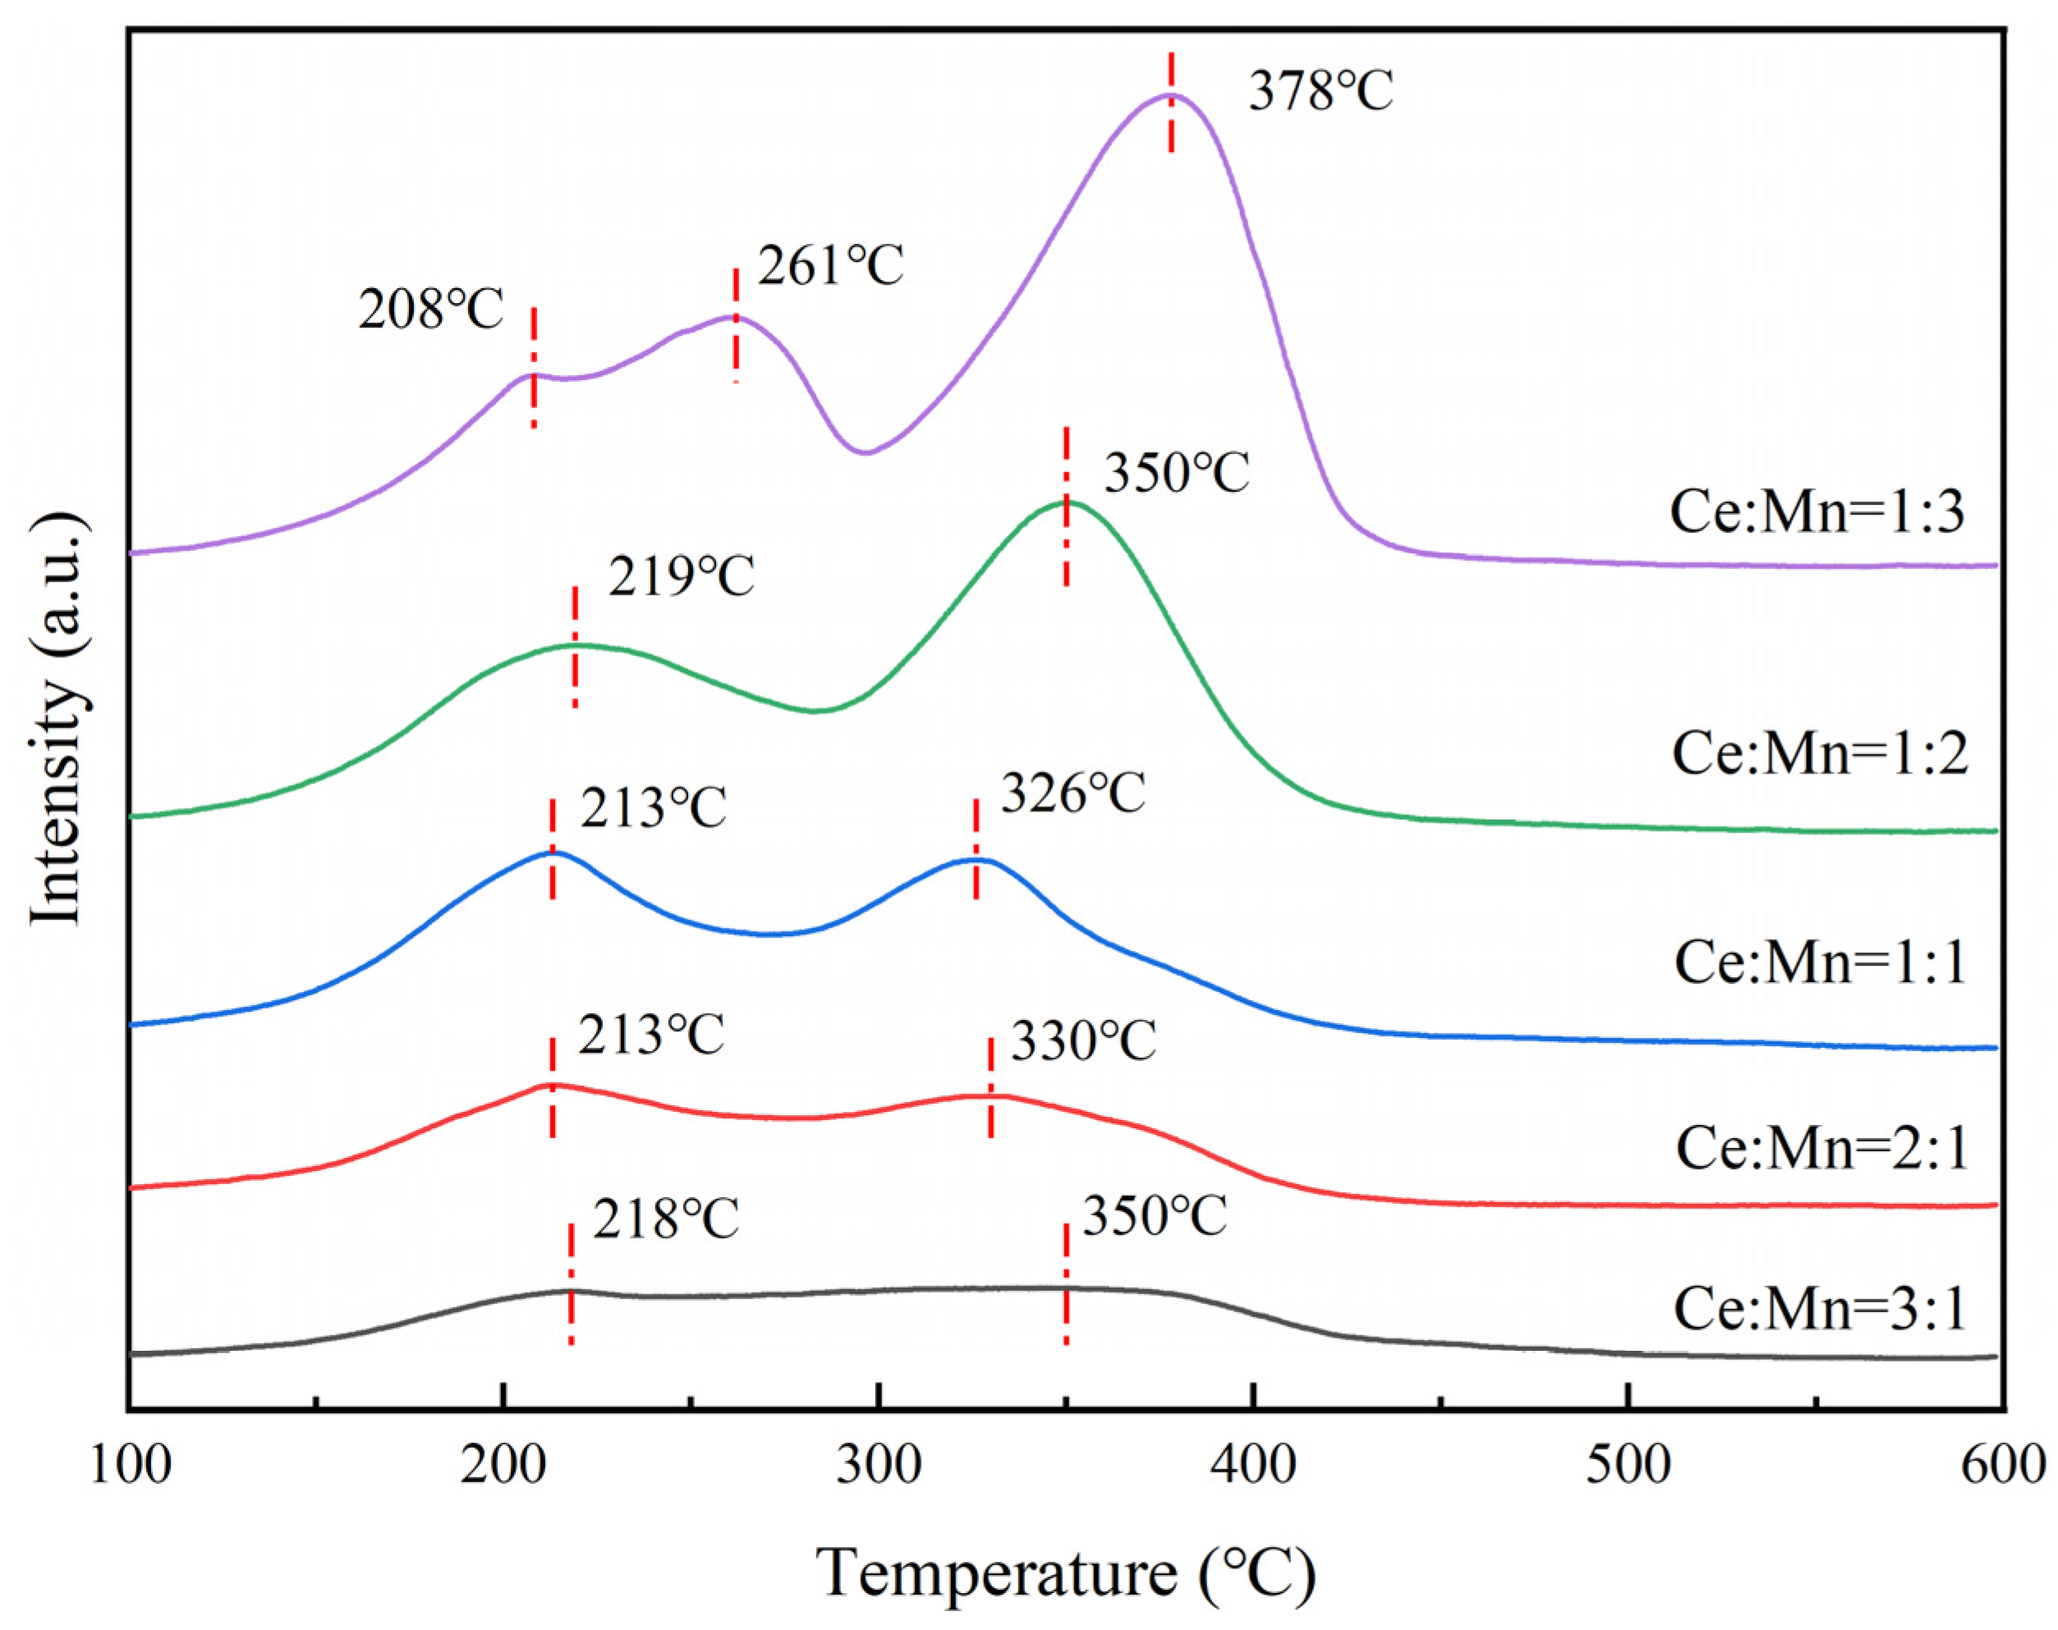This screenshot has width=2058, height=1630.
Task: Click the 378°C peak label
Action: tap(1321, 93)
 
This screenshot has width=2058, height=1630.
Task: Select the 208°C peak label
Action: tap(430, 310)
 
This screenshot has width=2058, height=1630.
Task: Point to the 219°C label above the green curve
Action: tap(682, 576)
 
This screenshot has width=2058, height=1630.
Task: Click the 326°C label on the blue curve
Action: tap(1072, 793)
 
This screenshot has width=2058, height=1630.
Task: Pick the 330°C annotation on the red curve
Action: tap(1083, 1040)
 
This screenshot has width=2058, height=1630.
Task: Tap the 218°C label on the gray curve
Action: tap(665, 1219)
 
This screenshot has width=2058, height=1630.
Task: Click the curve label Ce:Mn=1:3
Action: tap(1817, 512)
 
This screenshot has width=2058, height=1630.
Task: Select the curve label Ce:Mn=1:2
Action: tap(1819, 754)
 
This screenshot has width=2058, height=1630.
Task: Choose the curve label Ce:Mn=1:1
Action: tap(1819, 961)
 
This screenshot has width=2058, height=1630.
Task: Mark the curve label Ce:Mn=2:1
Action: tap(1821, 1147)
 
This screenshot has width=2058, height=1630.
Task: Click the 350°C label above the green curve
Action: tap(1176, 472)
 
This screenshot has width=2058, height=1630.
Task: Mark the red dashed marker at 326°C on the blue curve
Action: tap(976, 849)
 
